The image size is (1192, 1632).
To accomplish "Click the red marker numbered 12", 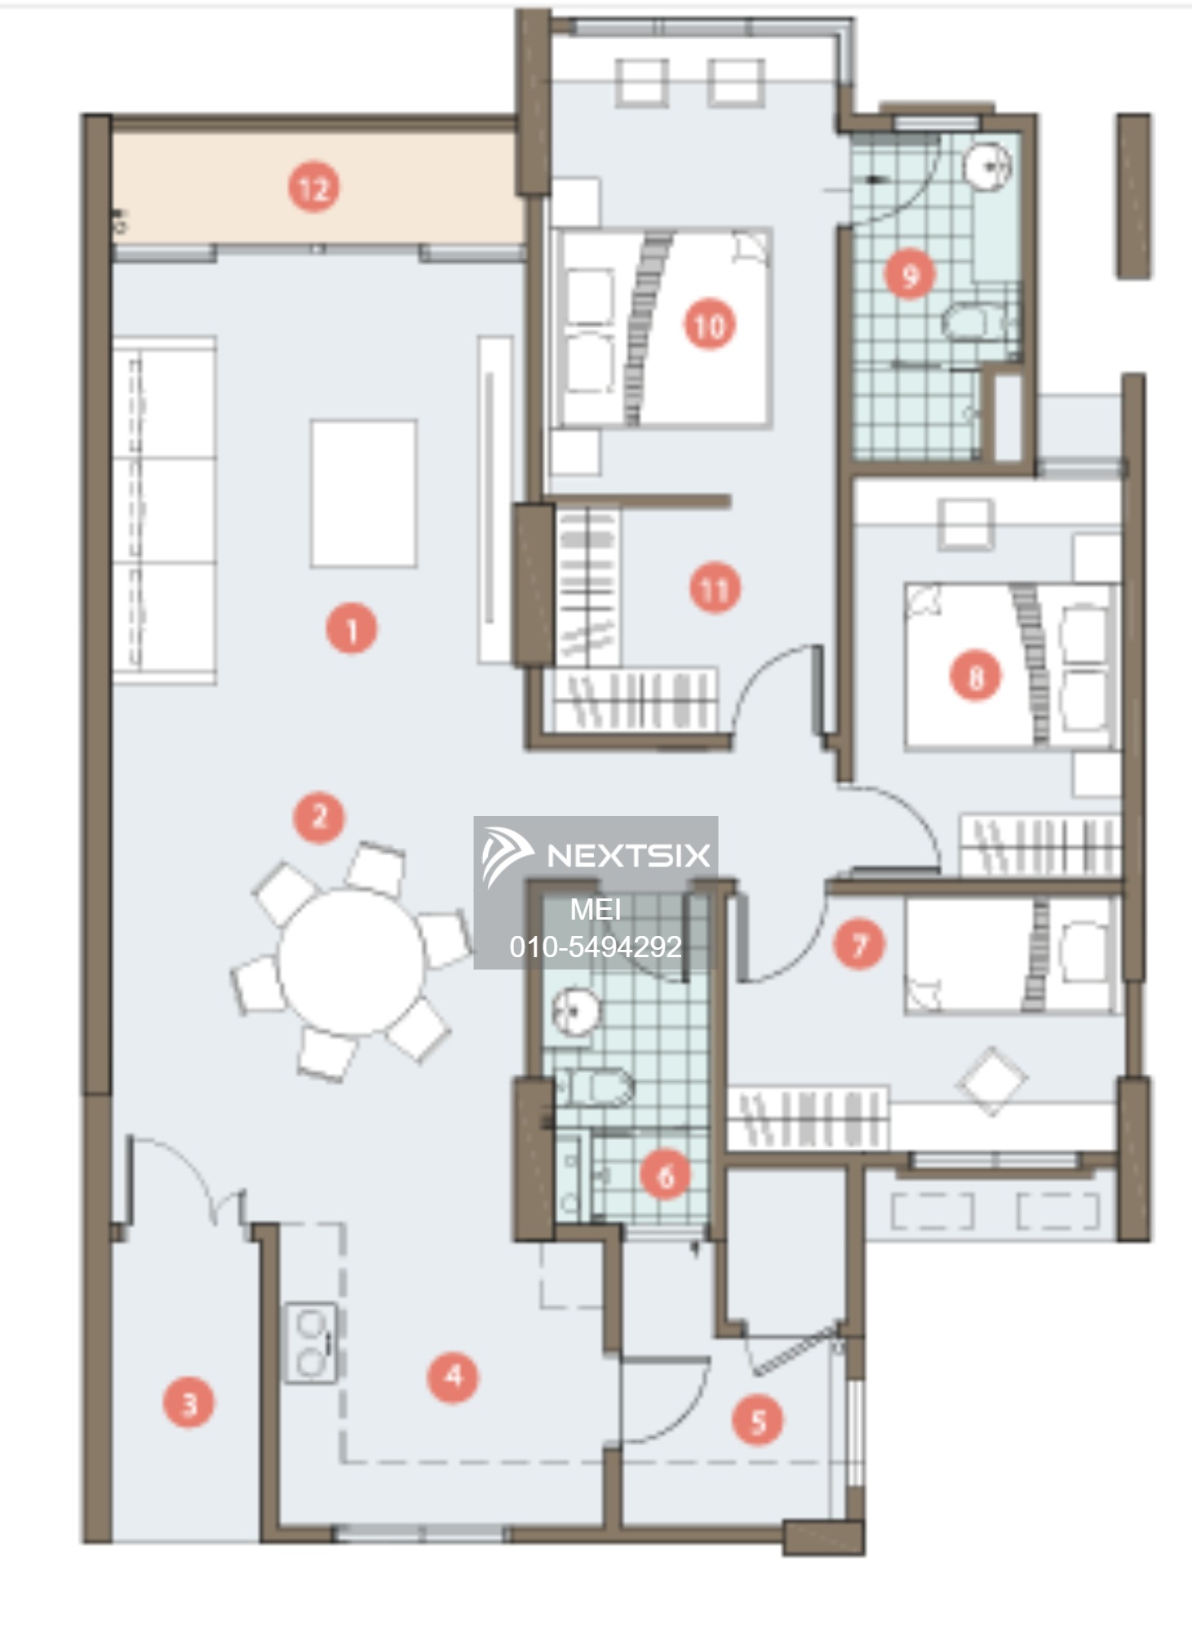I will [314, 188].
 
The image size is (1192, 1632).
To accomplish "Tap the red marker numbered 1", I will [352, 628].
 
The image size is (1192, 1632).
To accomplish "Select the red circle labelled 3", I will [188, 1404].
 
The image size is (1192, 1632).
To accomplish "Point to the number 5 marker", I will [757, 1421].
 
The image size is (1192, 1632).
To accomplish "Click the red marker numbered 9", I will [911, 274].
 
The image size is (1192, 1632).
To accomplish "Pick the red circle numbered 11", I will [716, 588].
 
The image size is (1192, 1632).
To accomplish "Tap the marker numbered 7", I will [859, 945].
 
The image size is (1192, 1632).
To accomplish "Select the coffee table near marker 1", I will [363, 493].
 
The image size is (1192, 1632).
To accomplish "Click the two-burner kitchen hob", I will [310, 1343].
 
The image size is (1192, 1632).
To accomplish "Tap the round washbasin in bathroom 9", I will [989, 166].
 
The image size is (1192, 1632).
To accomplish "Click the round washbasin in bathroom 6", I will [576, 1012].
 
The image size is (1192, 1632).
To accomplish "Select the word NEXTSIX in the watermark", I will [628, 855].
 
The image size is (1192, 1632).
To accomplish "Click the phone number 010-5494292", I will [596, 947].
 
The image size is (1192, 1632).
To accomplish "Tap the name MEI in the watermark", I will [596, 909].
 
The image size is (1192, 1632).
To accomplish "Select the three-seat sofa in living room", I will [163, 510].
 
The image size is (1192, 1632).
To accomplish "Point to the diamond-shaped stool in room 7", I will [991, 1081].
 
